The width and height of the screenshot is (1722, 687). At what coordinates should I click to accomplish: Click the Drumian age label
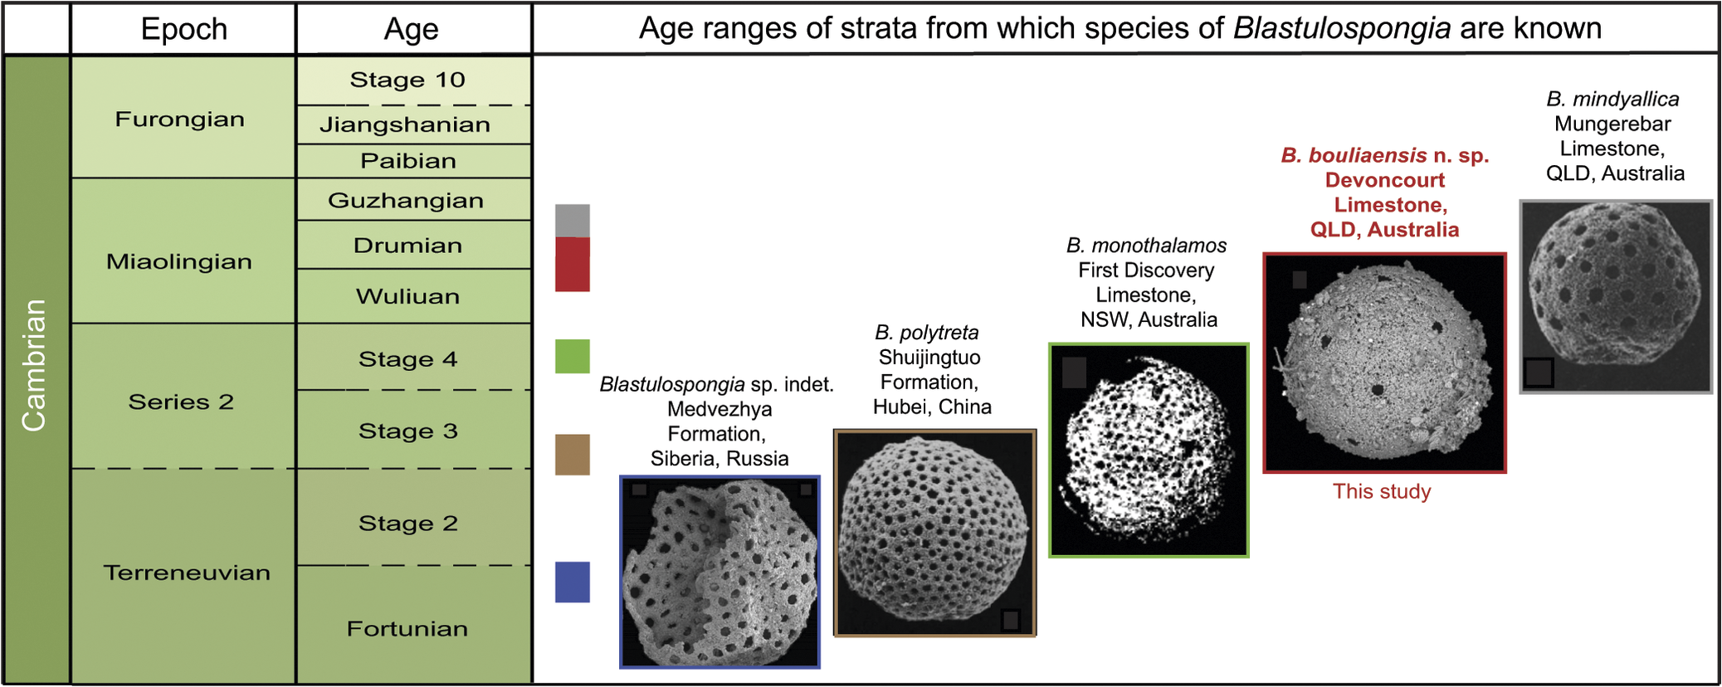[x=407, y=246]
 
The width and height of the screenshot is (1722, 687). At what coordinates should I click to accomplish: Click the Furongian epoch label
[x=180, y=119]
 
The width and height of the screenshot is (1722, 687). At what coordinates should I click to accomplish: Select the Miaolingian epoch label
[x=179, y=261]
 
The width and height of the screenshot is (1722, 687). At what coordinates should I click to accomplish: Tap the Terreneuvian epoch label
[x=187, y=572]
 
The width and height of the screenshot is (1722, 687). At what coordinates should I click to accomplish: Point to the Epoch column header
[x=183, y=29]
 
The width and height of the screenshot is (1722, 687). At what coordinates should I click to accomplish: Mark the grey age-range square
[x=572, y=221]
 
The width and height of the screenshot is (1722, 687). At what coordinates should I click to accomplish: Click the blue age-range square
[x=572, y=582]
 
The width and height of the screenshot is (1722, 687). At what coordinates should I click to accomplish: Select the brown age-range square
[x=572, y=454]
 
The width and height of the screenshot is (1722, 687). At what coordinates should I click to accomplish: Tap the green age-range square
[x=572, y=356]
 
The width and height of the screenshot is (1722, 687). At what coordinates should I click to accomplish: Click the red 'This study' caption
[x=1382, y=491]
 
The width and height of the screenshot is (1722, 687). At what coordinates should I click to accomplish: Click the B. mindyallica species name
[x=1612, y=100]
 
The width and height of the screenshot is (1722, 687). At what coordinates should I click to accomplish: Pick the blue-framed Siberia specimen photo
[x=720, y=572]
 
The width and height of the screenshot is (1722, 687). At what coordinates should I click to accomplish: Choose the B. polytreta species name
[x=927, y=333]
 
